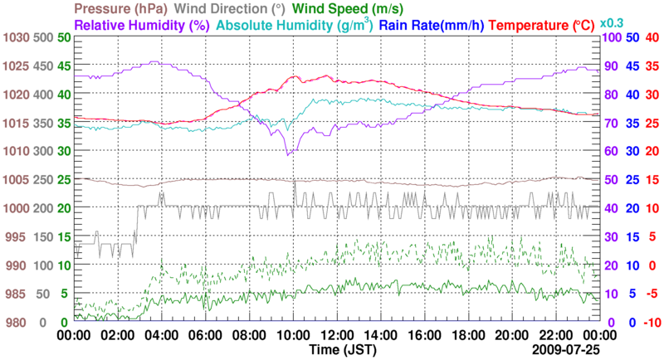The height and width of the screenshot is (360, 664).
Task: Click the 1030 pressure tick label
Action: tap(15, 37)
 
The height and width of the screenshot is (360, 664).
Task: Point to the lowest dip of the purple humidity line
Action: tap(288, 154)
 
